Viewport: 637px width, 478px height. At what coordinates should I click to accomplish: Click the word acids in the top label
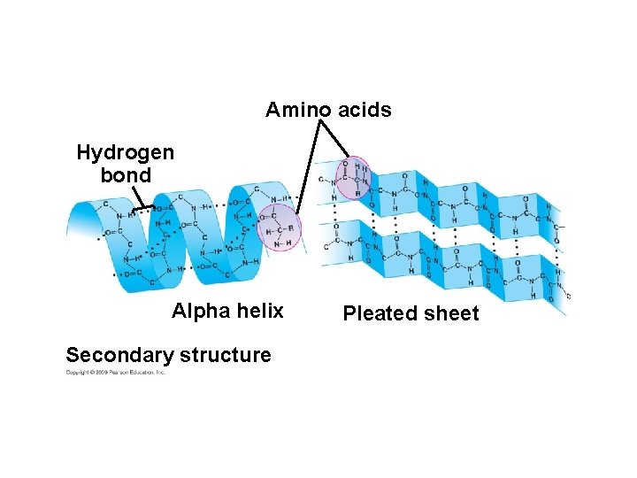tap(361, 110)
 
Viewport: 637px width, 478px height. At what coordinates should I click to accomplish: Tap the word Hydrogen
tap(126, 152)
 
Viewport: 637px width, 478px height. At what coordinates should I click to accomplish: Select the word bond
tap(126, 174)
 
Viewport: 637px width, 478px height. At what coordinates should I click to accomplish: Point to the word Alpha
tap(198, 311)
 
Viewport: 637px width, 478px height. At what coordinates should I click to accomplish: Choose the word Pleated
tap(380, 313)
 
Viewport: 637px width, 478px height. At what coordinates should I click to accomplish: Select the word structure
tap(225, 355)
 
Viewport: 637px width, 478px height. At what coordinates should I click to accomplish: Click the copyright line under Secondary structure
tap(115, 373)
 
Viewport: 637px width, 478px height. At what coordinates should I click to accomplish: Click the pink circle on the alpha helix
tap(279, 227)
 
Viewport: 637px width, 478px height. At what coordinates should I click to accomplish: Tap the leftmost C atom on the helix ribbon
tap(105, 204)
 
